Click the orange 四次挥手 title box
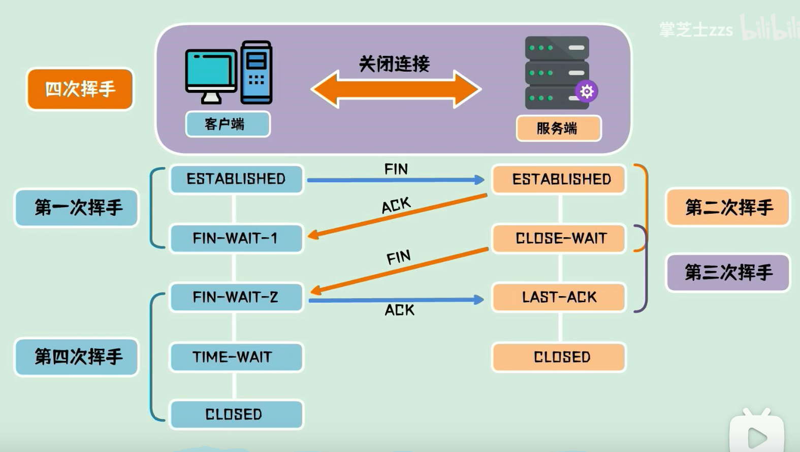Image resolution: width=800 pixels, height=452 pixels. point(80,89)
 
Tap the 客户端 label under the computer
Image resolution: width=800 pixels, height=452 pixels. point(228,124)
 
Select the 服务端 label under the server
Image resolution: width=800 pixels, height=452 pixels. point(559,128)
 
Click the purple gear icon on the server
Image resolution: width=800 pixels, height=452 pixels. point(587,91)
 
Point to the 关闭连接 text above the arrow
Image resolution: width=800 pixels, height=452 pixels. point(394,64)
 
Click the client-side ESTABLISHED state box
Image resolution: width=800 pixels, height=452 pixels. point(236,179)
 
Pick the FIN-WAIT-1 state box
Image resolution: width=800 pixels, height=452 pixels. point(236,238)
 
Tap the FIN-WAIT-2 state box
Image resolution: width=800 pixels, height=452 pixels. point(236,297)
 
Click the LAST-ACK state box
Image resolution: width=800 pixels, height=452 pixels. point(559,297)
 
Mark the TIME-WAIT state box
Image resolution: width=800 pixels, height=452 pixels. point(236,357)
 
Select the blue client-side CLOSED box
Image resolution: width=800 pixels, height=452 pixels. point(236,414)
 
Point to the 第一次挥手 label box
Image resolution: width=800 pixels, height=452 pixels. point(77,208)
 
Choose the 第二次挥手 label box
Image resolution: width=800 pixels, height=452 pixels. point(728,208)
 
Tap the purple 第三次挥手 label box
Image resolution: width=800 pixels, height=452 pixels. point(728,273)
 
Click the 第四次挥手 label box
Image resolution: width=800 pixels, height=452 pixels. point(77,357)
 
